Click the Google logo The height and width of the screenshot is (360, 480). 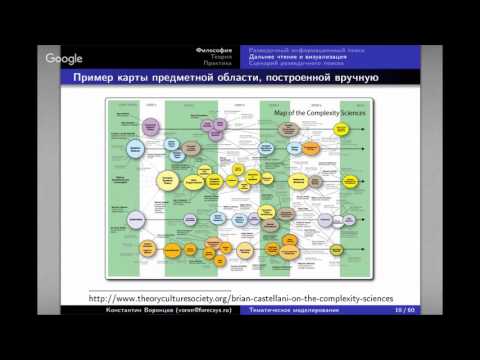pos(64,59)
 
